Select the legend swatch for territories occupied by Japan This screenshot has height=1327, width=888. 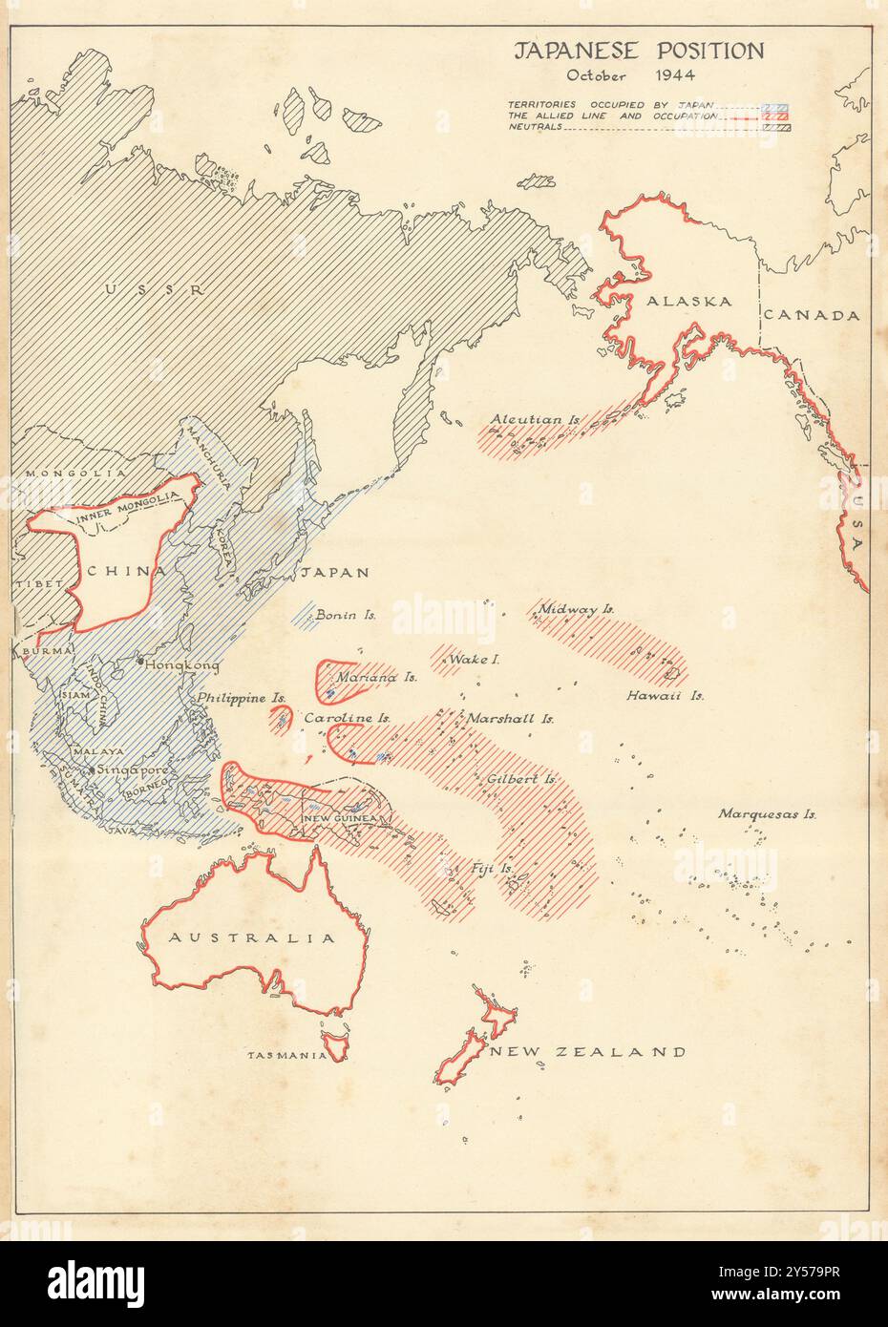tap(782, 105)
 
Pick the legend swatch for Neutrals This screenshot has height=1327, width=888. tap(782, 126)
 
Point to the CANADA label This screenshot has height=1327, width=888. tap(813, 315)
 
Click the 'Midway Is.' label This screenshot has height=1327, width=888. tap(577, 608)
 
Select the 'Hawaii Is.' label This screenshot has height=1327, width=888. tap(666, 696)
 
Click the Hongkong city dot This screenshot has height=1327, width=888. tap(140, 661)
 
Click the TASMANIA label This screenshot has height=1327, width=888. tap(287, 1055)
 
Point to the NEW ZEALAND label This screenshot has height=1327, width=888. tap(587, 1052)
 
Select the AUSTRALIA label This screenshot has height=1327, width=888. tap(252, 937)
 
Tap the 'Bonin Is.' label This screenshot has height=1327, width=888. tap(346, 616)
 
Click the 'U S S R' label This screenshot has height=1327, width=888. tap(156, 289)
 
